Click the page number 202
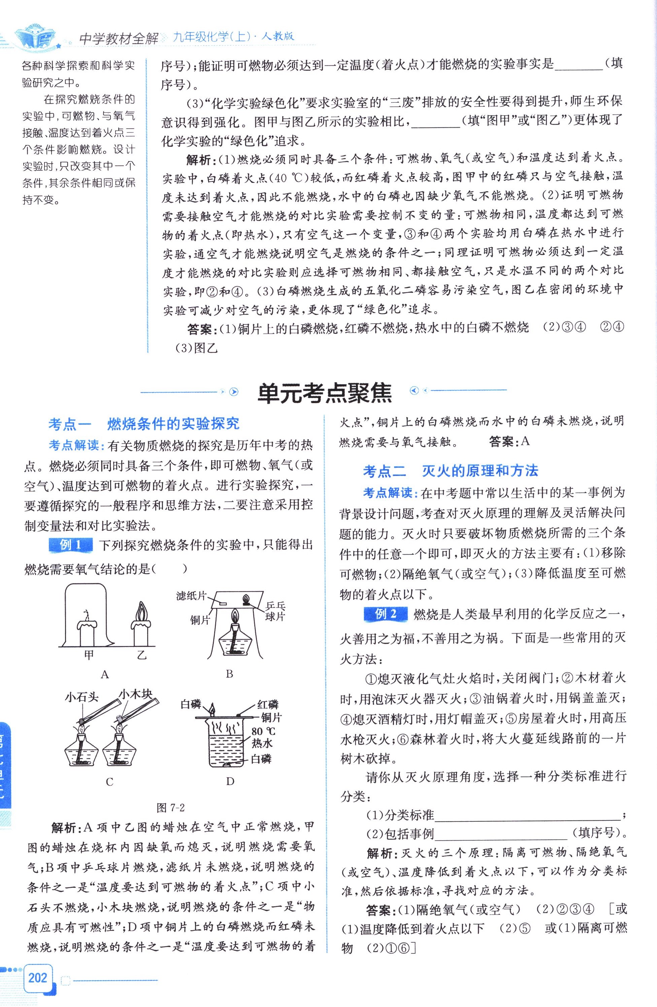click(38, 977)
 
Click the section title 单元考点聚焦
click(325, 392)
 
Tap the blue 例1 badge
click(70, 545)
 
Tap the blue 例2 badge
click(385, 614)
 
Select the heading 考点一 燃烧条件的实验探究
click(144, 424)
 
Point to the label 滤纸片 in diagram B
click(191, 596)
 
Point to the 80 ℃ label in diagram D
click(263, 732)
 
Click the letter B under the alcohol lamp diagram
click(229, 674)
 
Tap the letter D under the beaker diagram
click(230, 781)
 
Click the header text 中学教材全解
click(119, 38)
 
